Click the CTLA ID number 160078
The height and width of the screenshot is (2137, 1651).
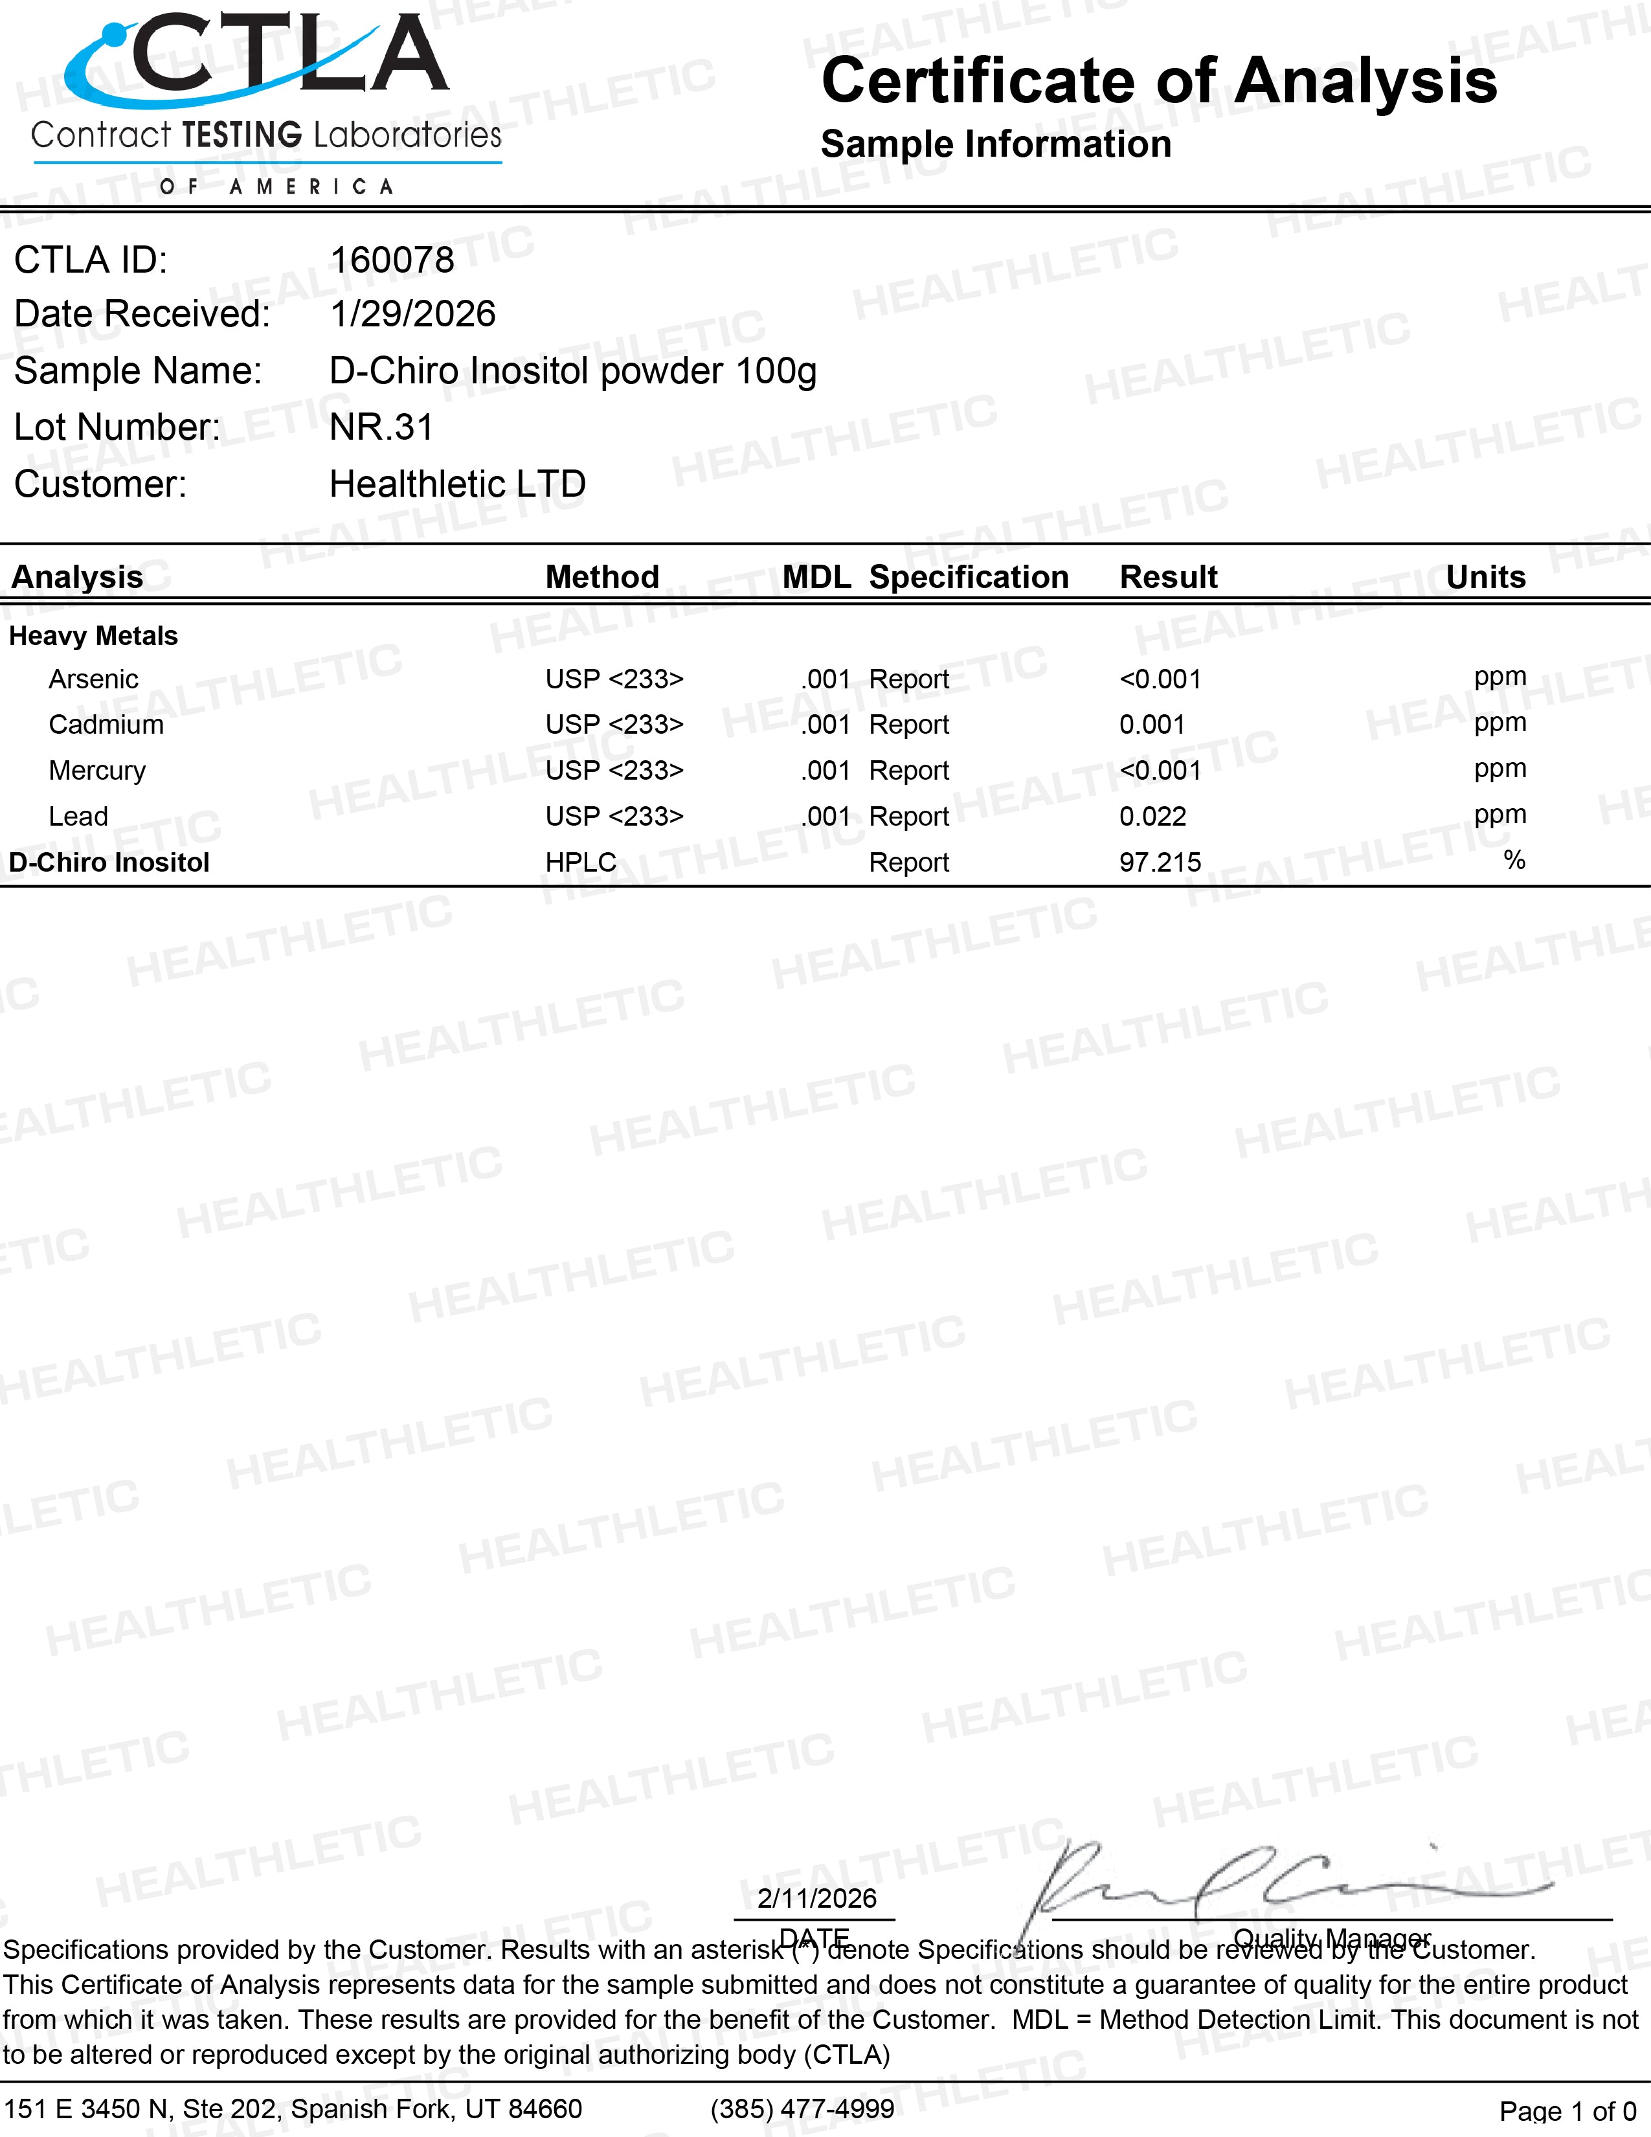point(391,260)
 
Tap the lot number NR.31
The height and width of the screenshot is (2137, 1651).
point(381,427)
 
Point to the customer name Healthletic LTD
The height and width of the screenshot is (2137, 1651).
point(456,484)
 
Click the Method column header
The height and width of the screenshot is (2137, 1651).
point(601,577)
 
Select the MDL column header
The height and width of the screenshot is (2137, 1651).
point(816,577)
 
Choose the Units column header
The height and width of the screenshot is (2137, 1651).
point(1485,577)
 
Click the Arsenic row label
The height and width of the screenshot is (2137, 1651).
point(93,679)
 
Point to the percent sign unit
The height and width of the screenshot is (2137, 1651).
point(1514,860)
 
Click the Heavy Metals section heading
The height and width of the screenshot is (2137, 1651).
point(93,636)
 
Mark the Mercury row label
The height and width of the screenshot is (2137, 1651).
point(97,771)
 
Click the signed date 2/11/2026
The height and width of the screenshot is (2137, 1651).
point(816,1898)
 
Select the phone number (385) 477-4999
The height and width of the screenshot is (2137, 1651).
point(802,2109)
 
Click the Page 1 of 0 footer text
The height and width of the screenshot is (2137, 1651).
point(1567,2110)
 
